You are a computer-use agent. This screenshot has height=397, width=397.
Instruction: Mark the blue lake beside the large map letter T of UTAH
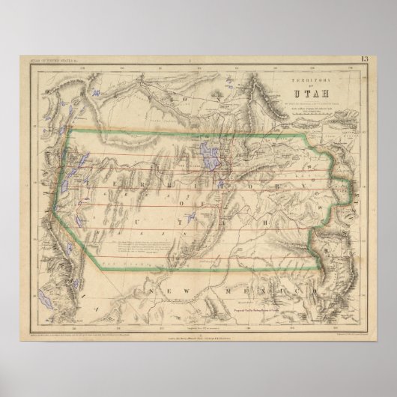click(x=189, y=216)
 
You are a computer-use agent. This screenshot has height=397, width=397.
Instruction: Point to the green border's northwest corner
click(x=69, y=132)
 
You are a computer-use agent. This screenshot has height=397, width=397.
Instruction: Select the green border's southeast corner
click(x=324, y=268)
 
